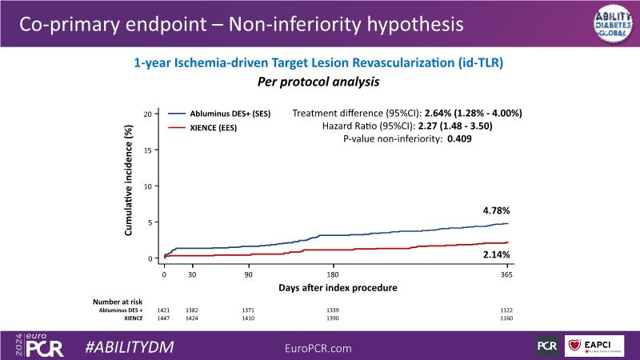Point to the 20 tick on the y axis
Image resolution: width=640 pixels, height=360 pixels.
[147, 114]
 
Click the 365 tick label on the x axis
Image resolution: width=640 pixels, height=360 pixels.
[506, 274]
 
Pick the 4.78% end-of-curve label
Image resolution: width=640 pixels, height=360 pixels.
[494, 212]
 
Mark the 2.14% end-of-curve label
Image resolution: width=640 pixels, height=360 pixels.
[494, 254]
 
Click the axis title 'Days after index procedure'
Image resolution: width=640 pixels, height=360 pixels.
[338, 287]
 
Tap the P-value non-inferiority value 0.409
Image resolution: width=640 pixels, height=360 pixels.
[459, 139]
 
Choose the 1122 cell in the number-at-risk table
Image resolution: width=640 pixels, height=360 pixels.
[505, 310]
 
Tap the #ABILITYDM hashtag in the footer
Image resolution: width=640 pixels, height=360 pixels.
[130, 346]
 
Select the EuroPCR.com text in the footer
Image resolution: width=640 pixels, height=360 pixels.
[319, 346]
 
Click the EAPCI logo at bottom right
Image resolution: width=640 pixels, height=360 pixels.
[594, 346]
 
